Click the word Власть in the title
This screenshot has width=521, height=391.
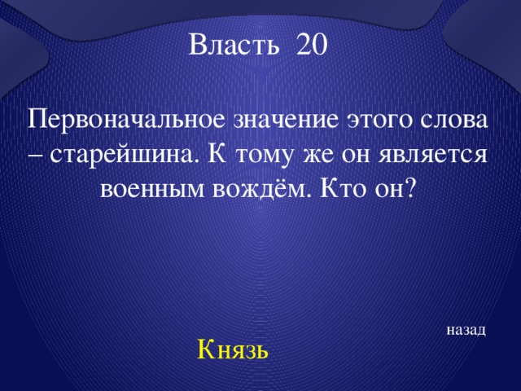(234, 44)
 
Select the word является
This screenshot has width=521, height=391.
(433, 155)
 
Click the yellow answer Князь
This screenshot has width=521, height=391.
(233, 349)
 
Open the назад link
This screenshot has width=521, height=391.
(466, 330)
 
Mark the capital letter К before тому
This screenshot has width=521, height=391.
(217, 155)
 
